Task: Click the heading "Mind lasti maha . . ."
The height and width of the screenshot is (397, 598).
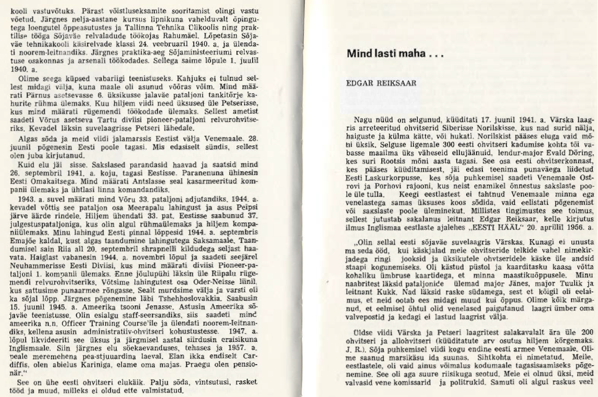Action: (395, 53)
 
